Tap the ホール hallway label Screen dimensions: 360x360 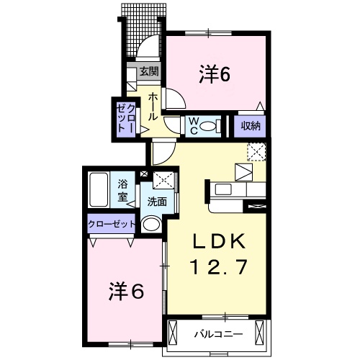click(154, 106)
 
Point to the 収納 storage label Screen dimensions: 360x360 click(251, 126)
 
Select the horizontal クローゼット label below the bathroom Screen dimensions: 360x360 click(112, 223)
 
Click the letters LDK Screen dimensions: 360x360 click(219, 241)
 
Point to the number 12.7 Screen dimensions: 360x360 click(219, 267)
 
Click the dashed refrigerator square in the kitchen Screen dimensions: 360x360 click(257, 152)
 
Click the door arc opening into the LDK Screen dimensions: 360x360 click(162, 152)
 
